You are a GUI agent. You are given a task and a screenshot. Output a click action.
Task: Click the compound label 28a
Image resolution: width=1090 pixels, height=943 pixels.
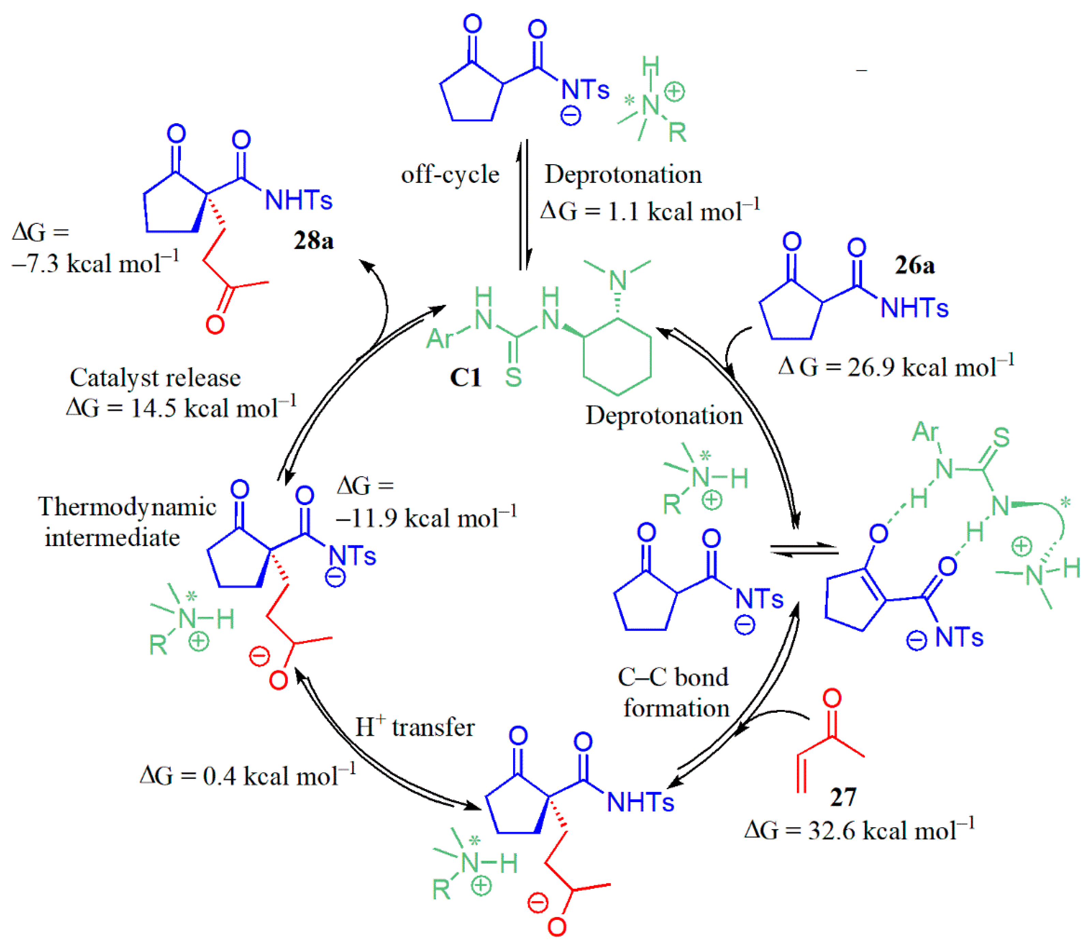click(314, 241)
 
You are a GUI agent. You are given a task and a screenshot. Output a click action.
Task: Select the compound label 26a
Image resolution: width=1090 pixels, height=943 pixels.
click(915, 265)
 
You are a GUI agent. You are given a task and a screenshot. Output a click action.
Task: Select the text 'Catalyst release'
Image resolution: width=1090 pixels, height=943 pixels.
click(155, 378)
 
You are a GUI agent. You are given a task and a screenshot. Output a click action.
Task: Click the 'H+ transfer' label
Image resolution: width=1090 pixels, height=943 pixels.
click(415, 727)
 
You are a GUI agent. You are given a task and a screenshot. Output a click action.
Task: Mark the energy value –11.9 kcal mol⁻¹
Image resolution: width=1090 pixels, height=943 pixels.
click(426, 518)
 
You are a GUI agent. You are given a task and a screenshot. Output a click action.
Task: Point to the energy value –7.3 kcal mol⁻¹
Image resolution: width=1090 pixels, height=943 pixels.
click(95, 263)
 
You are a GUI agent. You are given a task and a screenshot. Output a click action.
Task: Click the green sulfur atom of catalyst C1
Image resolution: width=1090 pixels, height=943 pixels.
click(513, 377)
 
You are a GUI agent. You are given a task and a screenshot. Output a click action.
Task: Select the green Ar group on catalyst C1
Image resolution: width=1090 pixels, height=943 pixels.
click(439, 338)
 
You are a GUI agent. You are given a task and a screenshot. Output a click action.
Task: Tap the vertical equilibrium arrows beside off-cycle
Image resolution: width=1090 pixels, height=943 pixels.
click(523, 205)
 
